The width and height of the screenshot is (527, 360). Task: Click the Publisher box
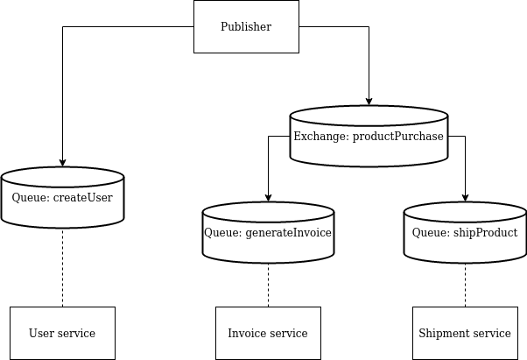tap(246, 26)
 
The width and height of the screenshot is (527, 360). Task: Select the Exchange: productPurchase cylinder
tap(369, 137)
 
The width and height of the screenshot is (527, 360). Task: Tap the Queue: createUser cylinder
tap(62, 198)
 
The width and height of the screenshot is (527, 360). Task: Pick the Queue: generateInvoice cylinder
tap(268, 233)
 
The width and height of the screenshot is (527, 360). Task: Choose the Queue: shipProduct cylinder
tap(465, 233)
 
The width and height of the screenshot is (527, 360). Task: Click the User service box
tap(62, 333)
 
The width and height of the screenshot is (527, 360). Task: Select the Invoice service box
tap(268, 333)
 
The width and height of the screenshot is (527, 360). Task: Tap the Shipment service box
tap(465, 333)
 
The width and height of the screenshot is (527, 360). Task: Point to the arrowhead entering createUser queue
tap(62, 162)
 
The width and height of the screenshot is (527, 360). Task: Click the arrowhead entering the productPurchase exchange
tap(369, 101)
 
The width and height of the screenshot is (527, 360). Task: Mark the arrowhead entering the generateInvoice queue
tap(268, 197)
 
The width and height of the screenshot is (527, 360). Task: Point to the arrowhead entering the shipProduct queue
tap(465, 197)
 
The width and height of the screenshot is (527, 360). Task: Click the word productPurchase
tap(398, 137)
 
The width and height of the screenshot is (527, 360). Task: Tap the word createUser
tap(83, 198)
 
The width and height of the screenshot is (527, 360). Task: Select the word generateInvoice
tap(288, 233)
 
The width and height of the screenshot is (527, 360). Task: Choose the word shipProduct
tap(485, 233)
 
